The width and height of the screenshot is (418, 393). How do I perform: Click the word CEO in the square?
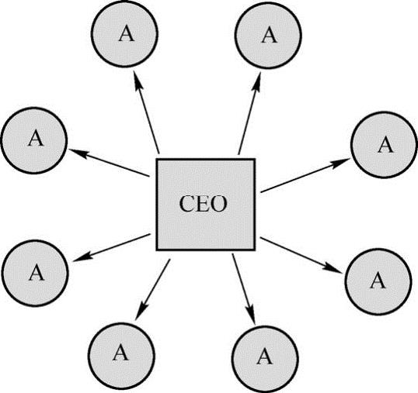[x=203, y=204]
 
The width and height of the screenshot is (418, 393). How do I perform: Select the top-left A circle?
[x=125, y=33]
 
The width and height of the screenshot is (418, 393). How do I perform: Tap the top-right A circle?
[x=268, y=35]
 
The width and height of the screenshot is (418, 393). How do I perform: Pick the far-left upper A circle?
[x=34, y=140]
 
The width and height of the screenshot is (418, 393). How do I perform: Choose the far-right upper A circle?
[x=384, y=145]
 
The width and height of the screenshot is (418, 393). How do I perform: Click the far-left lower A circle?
[x=35, y=273]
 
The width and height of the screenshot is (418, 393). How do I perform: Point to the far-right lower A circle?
[x=377, y=281]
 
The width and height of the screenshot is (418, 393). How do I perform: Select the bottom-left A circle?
[x=121, y=355]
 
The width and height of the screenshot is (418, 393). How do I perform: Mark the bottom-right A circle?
[x=265, y=360]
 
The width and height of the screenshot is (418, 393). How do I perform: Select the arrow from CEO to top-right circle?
[x=249, y=115]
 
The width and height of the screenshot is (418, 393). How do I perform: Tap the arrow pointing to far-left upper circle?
[x=109, y=163]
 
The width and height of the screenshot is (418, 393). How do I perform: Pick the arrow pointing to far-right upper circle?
[x=305, y=175]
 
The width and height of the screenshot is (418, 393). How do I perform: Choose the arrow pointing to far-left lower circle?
[x=111, y=247]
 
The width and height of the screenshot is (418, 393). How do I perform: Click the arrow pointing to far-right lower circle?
[x=301, y=255]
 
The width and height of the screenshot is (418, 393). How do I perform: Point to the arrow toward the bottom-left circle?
[x=152, y=290]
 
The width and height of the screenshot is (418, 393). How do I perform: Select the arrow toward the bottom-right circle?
[x=244, y=289]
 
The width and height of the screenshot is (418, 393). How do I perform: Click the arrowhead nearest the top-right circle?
[x=256, y=84]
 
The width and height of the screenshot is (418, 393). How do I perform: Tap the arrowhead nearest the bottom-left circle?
[x=140, y=312]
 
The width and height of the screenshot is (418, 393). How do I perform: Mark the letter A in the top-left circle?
[x=127, y=34]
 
